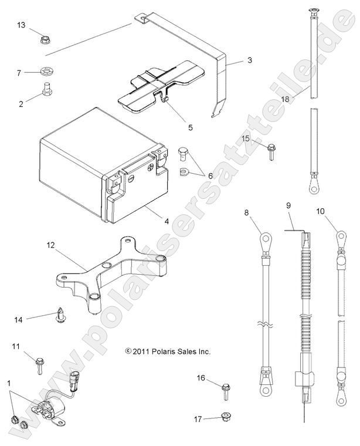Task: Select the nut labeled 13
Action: [x=45, y=39]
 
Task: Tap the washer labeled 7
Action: [x=45, y=73]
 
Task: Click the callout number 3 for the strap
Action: [x=249, y=60]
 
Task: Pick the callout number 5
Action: [x=190, y=126]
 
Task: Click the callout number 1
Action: [x=9, y=383]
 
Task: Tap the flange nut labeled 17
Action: [x=225, y=417]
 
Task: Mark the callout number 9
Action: [x=288, y=205]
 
